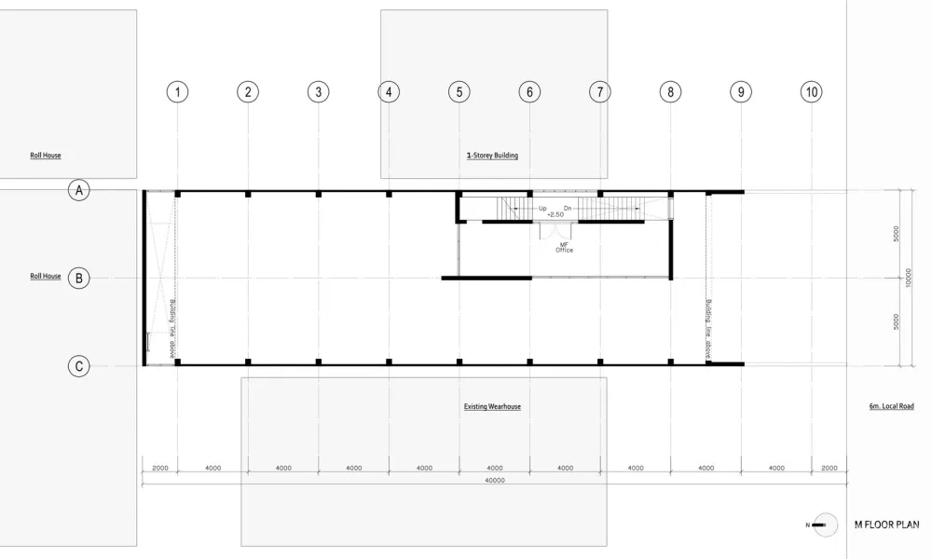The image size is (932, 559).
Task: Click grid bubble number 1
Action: pos(177,91)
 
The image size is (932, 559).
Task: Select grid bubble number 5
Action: pos(459,91)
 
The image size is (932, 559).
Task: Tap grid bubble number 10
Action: pos(811,91)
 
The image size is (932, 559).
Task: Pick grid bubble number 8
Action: pos(670,91)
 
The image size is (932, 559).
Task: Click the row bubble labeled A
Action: pos(80,191)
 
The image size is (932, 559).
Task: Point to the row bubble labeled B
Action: pos(80,278)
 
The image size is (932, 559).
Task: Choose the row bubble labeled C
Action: pos(80,366)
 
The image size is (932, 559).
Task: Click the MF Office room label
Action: pos(564,246)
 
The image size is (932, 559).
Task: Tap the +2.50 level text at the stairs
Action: pos(555,215)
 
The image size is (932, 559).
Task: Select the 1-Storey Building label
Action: pos(492,156)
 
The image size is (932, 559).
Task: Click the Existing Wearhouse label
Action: pos(492,407)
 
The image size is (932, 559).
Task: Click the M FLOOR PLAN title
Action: pos(886,525)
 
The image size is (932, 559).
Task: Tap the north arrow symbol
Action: pos(823,525)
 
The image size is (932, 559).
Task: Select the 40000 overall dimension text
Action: pos(494,481)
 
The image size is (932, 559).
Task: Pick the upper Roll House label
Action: pos(45,156)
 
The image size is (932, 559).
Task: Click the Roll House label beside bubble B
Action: pos(45,277)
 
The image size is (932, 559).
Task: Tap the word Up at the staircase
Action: pos(542,209)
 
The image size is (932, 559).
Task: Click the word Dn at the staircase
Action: pos(568,209)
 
